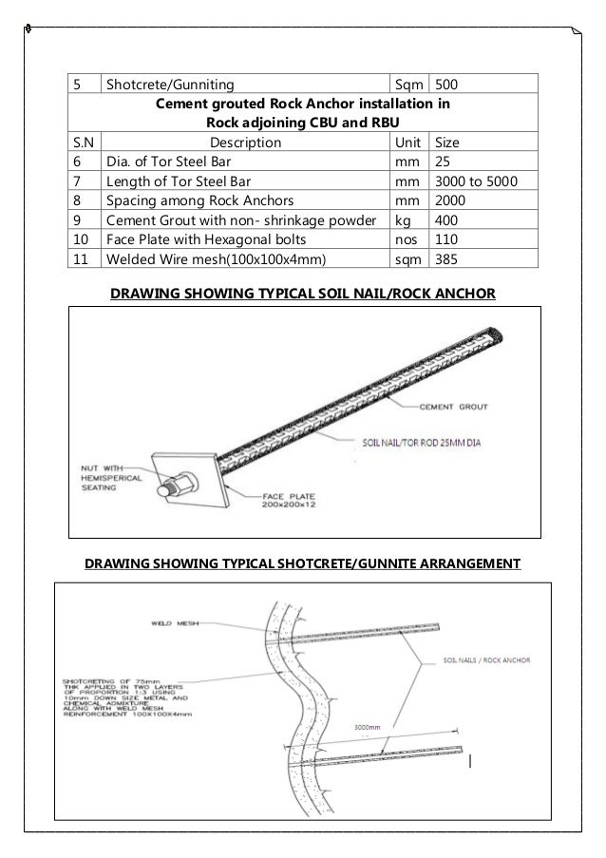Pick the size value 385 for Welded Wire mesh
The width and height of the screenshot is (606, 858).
click(447, 258)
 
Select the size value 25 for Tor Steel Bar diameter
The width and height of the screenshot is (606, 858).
click(444, 162)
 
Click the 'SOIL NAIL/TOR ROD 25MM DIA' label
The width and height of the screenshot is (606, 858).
click(418, 443)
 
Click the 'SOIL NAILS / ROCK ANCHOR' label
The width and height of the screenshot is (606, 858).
click(484, 659)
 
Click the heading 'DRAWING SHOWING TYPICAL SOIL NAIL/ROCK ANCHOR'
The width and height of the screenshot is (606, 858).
click(303, 293)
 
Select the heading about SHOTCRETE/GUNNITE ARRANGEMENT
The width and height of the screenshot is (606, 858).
click(303, 564)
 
